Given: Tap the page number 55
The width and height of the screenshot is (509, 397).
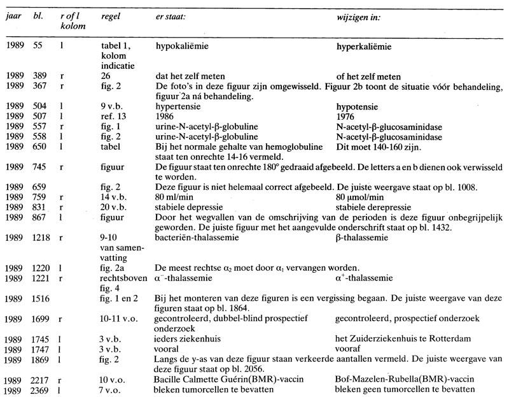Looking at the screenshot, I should (39, 47).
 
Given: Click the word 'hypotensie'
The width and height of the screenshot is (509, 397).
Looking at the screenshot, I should (356, 107).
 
